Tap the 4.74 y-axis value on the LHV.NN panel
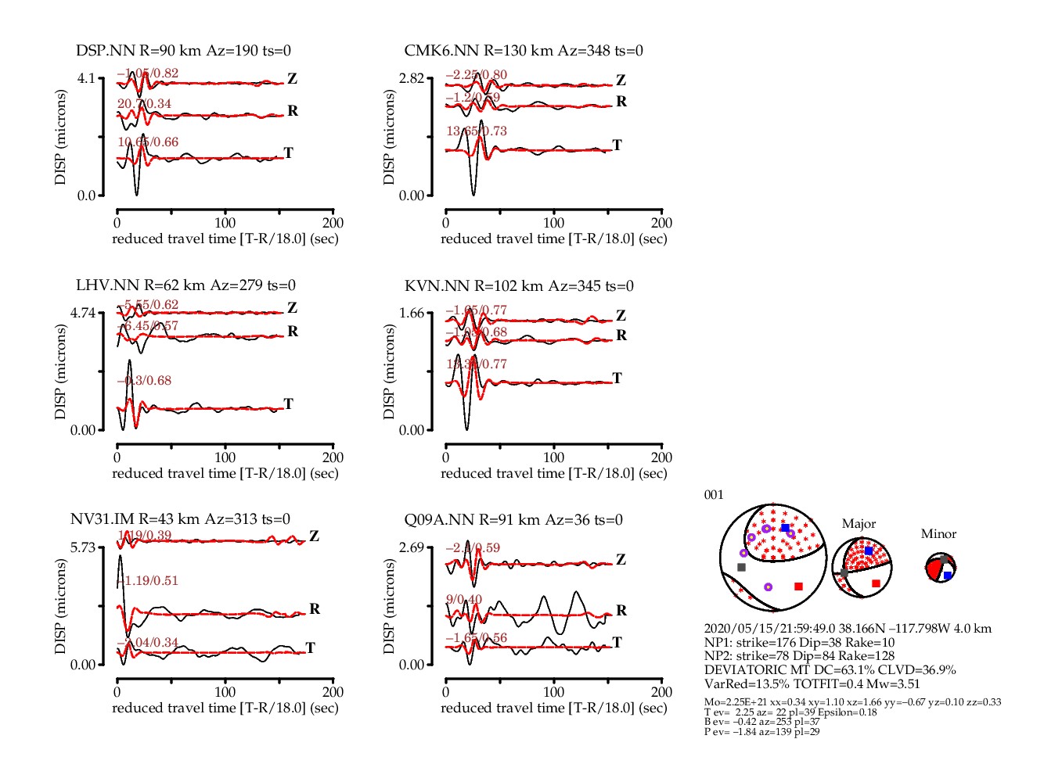tap(82, 313)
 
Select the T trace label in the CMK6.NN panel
tap(617, 145)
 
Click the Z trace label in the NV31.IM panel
tap(314, 536)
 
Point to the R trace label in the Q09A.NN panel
tap(621, 610)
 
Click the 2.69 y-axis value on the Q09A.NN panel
tap(412, 547)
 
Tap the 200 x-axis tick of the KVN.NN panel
tap(661, 457)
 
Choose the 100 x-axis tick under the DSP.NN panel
tap(225, 223)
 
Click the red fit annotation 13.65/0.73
tap(477, 131)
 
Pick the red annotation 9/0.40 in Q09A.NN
tap(464, 599)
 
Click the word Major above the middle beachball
tap(859, 524)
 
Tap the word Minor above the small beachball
tap(938, 534)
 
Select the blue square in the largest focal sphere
tap(785, 529)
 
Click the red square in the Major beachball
tap(876, 583)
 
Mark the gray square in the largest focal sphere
tap(741, 567)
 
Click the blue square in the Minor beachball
tap(947, 576)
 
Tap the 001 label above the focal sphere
tap(714, 495)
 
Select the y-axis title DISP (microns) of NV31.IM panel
tap(61, 606)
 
